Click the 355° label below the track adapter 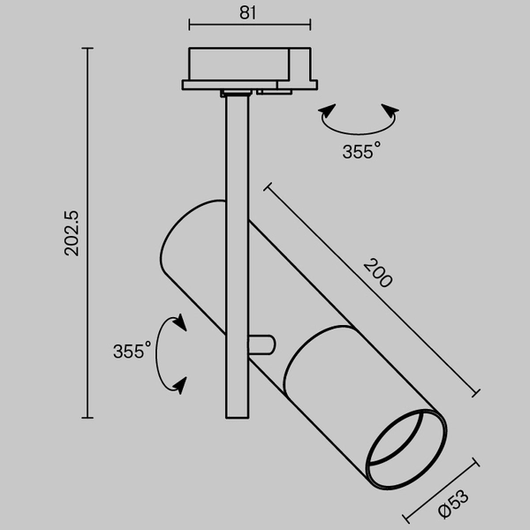coord(361,151)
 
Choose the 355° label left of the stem coord(132,352)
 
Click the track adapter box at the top coord(251,64)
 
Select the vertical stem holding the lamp coord(236,265)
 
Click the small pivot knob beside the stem coord(262,344)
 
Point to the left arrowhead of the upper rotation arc coord(327,112)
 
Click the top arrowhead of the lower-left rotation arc coord(179,322)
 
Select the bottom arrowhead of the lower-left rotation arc coord(180,384)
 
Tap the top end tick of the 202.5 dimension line coord(87,49)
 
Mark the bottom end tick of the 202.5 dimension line coord(87,417)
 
